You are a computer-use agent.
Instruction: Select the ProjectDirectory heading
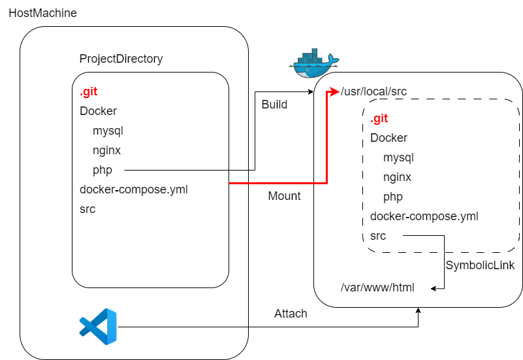[121, 59]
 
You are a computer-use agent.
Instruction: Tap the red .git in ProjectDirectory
[89, 91]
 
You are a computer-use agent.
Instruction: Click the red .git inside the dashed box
[379, 118]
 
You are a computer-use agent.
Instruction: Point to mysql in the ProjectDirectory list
[108, 131]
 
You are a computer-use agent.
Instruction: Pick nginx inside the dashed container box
[398, 177]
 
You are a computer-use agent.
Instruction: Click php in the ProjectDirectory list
[103, 170]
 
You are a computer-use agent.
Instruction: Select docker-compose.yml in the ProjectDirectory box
[134, 189]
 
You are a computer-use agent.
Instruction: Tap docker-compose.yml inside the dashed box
[424, 216]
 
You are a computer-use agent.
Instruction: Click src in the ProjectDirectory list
[87, 209]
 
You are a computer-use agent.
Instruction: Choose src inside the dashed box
[378, 236]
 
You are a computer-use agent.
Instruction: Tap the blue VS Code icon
[98, 326]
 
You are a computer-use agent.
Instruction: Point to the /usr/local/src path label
[374, 91]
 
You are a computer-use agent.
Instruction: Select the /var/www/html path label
[377, 287]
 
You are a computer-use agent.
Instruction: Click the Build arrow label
[274, 105]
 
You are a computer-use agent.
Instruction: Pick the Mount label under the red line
[285, 196]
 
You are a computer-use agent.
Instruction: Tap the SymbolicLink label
[480, 265]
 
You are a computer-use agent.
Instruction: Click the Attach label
[291, 314]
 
